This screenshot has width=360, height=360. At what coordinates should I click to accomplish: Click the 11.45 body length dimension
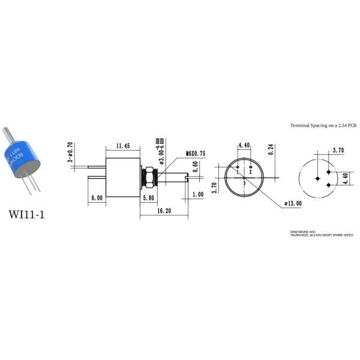[x=123, y=145]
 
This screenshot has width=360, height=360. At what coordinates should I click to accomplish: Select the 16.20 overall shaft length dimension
[x=164, y=212]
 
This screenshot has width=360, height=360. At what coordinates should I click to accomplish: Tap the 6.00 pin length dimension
[x=96, y=197]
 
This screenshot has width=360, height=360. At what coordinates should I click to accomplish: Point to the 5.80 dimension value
[x=150, y=197]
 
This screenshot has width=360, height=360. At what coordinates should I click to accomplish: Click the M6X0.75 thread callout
[x=196, y=154]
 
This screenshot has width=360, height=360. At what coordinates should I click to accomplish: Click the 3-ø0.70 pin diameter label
[x=70, y=152]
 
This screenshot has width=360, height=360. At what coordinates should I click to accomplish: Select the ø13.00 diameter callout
[x=293, y=203]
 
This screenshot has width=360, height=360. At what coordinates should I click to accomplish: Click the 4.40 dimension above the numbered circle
[x=244, y=145]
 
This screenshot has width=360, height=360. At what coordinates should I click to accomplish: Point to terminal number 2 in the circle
[x=250, y=172]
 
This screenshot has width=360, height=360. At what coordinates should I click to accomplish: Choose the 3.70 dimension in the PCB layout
[x=338, y=151]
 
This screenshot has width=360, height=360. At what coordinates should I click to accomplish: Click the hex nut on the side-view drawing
[x=148, y=176]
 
